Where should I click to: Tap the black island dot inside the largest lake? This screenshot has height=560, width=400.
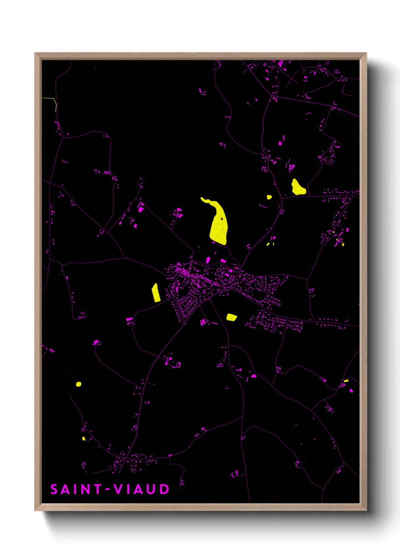(222, 218)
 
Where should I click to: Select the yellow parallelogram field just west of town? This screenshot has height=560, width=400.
(156, 293)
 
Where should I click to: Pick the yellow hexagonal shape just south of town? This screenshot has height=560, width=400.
(231, 317)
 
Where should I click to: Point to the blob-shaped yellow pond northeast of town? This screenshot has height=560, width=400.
(298, 187)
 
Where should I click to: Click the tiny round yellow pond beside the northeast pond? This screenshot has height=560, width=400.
(269, 197)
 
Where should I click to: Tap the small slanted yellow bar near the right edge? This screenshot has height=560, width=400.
(346, 380)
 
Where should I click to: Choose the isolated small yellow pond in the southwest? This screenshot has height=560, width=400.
(78, 384)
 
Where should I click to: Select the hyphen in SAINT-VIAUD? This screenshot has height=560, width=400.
(108, 490)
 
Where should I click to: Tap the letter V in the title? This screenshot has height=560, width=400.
(118, 489)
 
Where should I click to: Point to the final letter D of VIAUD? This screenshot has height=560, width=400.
(164, 489)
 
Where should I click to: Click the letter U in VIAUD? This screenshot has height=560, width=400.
(151, 489)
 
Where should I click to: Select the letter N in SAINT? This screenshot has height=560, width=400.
(85, 489)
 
